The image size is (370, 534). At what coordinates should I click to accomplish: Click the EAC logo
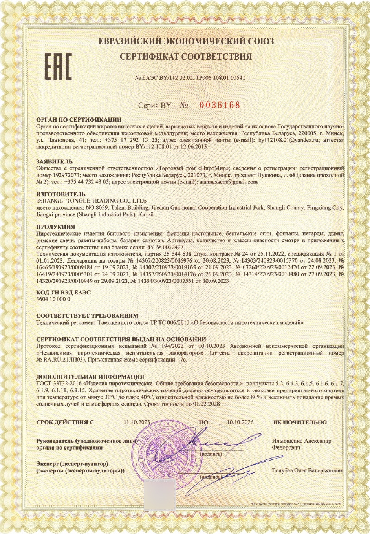click(x=57, y=67)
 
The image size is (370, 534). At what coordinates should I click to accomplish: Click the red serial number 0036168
click(x=220, y=105)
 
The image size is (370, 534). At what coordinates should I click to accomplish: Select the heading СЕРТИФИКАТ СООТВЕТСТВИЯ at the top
click(x=186, y=57)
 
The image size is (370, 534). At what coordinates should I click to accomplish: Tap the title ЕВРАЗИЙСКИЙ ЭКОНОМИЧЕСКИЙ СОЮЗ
click(x=186, y=41)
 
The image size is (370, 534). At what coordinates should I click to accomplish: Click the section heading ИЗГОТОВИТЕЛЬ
click(x=60, y=194)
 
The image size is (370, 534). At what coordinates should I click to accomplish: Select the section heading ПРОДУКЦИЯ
click(x=55, y=227)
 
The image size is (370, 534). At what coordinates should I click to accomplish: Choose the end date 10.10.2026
click(x=240, y=422)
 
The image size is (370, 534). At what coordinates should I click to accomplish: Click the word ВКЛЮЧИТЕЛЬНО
click(x=300, y=422)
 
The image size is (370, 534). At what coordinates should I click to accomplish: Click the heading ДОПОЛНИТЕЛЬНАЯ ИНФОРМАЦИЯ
click(x=90, y=376)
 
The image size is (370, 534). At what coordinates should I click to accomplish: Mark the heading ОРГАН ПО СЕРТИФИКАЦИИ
click(x=79, y=119)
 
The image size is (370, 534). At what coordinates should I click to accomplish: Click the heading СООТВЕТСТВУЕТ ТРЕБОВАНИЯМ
click(x=87, y=316)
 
